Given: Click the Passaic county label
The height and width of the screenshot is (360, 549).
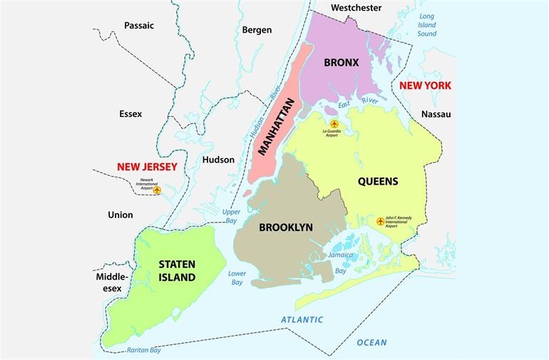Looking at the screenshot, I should (139, 26).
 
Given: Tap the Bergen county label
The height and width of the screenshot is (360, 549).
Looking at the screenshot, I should (257, 30).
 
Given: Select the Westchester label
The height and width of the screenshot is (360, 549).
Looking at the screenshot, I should (356, 8).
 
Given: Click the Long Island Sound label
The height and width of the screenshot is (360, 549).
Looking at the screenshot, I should (427, 24).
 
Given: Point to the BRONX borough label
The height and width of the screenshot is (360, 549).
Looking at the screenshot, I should (341, 63).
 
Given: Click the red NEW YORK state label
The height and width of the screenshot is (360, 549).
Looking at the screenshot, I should (425, 86).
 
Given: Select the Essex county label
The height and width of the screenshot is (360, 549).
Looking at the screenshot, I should (130, 113).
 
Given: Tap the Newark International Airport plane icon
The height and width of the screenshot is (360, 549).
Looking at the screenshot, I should (158, 190).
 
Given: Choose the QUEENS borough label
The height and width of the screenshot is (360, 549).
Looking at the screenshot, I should (378, 181).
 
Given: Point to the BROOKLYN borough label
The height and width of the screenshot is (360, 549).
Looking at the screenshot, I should (286, 227).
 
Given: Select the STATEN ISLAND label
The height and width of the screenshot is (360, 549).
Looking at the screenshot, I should (178, 270).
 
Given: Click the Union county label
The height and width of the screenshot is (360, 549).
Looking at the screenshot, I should (120, 215).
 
